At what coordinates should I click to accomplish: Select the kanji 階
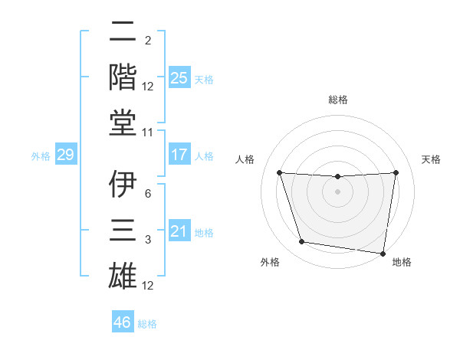(123, 76)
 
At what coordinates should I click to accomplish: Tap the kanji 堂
(123, 122)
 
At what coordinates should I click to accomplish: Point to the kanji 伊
(123, 184)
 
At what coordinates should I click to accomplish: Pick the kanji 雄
(123, 274)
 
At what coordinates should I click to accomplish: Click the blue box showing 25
(179, 77)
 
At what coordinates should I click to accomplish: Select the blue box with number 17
(179, 155)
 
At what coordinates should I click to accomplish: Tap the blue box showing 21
(179, 231)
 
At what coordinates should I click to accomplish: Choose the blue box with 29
(65, 155)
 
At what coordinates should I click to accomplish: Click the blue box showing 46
(123, 322)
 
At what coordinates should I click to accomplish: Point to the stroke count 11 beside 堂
(149, 133)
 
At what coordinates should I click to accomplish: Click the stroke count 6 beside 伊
(148, 194)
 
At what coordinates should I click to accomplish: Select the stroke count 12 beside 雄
(149, 286)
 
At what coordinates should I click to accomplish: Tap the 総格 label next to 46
(147, 324)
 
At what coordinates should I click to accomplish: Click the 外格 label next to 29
(41, 156)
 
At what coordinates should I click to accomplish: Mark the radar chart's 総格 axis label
(337, 100)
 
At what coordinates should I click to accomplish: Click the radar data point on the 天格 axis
(396, 172)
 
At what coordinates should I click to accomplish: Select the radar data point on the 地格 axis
(383, 253)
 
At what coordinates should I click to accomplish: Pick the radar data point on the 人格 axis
(279, 172)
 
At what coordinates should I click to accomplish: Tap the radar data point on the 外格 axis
(301, 242)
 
